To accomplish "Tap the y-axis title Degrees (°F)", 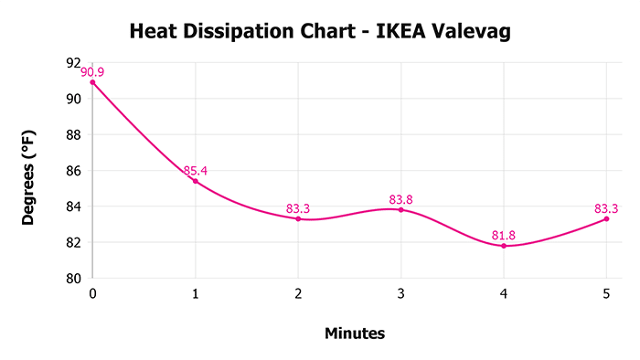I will coord(29,171).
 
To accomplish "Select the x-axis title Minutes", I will coord(355,334).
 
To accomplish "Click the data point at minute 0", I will coord(92,82).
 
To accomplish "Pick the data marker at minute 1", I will coord(195,181).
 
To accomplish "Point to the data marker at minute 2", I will coord(298,218).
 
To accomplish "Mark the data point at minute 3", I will coord(400,210).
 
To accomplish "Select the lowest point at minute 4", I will coord(504,246).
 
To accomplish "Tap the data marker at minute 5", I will coord(606,218).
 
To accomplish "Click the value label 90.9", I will coord(94,71).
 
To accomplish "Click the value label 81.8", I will coord(503,235).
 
